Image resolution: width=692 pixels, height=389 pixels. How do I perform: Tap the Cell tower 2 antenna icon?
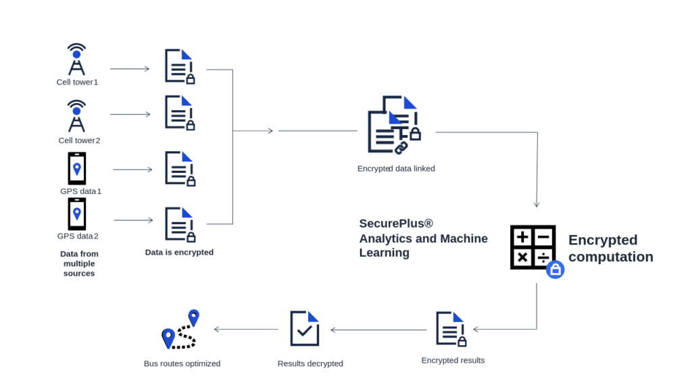77,116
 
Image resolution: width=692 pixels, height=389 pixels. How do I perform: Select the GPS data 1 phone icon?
77,169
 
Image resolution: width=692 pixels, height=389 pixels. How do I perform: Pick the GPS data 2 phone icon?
77,214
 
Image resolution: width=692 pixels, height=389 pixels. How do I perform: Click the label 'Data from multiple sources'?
79,263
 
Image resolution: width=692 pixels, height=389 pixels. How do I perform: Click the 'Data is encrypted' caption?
179,252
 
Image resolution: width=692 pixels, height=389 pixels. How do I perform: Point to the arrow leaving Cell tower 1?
130,69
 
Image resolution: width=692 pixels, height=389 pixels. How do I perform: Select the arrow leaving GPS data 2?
132,221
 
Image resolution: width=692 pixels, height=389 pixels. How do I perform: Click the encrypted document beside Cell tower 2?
180,112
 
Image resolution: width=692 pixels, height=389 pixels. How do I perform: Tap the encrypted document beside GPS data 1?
180,168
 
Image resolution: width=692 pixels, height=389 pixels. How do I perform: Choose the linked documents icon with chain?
393,125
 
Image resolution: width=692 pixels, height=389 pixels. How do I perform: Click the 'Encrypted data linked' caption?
396,168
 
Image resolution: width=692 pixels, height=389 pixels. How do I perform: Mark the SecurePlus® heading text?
396,224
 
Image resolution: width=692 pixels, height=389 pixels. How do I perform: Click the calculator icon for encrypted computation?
533,248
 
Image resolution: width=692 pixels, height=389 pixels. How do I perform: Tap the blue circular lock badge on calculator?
555,270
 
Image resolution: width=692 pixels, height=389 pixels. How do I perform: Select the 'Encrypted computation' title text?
610,249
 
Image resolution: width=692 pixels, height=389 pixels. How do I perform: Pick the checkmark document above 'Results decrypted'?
305,328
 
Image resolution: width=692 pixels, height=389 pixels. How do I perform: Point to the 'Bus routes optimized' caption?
182,363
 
